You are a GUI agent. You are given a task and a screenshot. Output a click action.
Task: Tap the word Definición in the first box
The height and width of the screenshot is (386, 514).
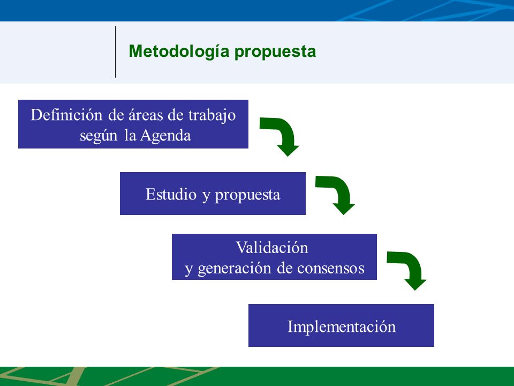coord(66,115)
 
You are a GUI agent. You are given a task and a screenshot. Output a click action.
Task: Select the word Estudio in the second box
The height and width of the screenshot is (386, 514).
coord(171,194)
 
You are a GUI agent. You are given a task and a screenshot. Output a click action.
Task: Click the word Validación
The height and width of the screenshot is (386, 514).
coord(272,248)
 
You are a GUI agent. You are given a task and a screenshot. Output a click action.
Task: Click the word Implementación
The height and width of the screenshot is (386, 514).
coord(342,327)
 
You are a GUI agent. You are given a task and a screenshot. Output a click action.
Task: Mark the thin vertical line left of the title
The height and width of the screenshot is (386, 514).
coord(116,52)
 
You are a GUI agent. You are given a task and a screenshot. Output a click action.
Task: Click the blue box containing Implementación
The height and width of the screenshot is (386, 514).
coord(341,325)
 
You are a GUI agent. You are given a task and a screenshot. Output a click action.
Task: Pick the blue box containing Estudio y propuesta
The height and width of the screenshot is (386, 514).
coord(213,194)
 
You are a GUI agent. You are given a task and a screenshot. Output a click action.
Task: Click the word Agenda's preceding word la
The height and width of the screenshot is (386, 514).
coord(130,135)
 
